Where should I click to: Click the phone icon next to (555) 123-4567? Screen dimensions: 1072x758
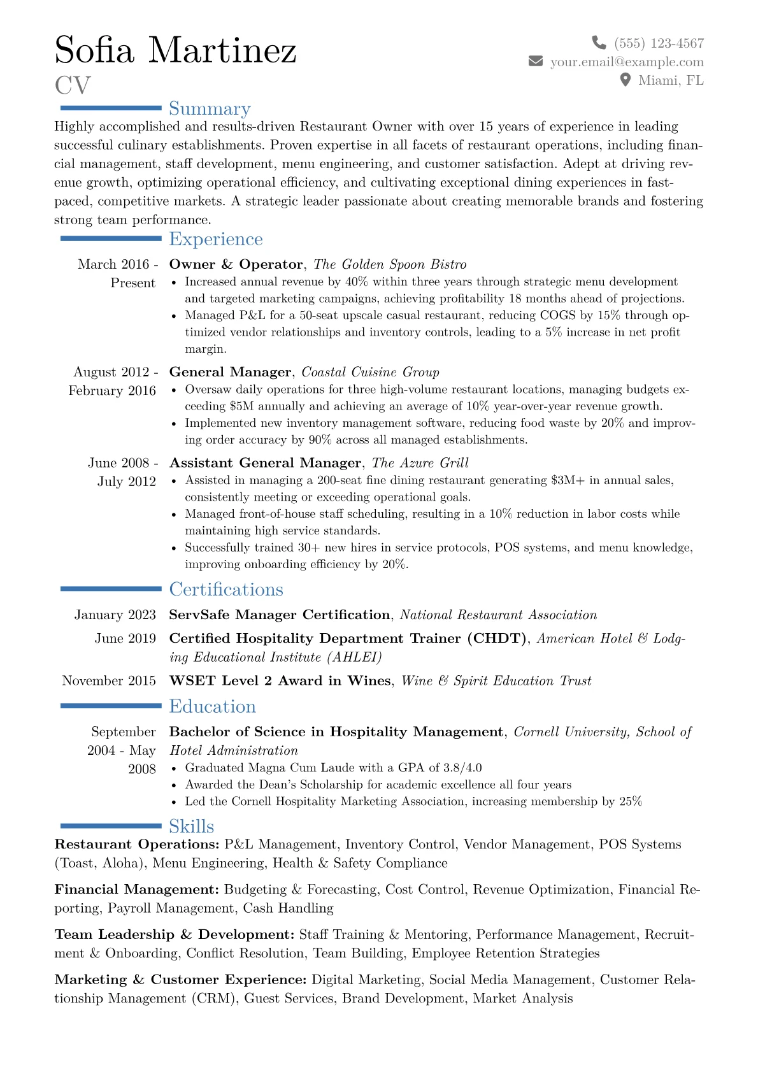click(x=599, y=43)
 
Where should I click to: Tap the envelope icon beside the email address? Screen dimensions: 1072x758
click(x=536, y=61)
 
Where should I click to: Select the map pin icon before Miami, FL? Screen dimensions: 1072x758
click(x=626, y=80)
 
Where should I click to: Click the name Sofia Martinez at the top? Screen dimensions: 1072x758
click(x=175, y=50)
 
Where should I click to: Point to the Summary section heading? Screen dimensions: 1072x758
click(x=210, y=109)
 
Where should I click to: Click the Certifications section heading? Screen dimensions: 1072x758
click(x=226, y=589)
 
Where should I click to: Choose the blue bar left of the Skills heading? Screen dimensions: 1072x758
click(x=111, y=825)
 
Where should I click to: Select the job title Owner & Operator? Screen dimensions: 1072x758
click(x=236, y=264)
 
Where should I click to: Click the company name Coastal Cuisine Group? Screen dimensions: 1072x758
click(x=370, y=372)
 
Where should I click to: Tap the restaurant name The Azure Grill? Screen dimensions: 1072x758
click(x=420, y=463)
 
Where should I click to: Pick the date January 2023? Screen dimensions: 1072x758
click(x=115, y=615)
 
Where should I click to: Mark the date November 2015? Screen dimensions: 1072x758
click(x=109, y=681)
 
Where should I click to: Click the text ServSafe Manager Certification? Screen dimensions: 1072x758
click(x=280, y=615)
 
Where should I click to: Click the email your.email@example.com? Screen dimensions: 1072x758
click(x=627, y=62)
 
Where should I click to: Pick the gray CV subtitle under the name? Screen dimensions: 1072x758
click(x=73, y=85)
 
